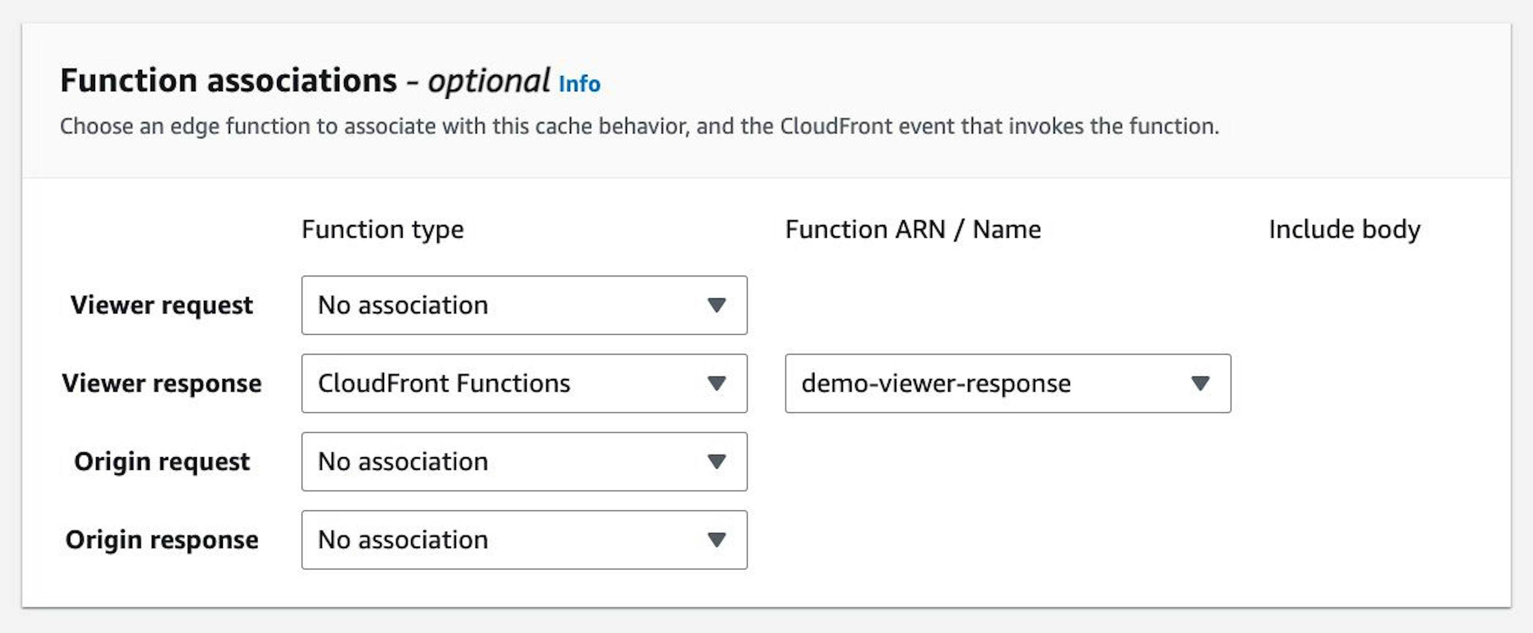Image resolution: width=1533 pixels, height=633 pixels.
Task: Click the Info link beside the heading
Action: [x=579, y=84]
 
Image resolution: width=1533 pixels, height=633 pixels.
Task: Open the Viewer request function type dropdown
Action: [x=524, y=305]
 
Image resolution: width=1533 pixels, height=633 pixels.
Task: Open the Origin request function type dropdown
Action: [x=524, y=462]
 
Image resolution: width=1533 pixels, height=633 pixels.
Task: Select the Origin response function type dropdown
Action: [x=524, y=539]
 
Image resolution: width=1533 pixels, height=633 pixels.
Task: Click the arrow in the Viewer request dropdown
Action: [x=717, y=305]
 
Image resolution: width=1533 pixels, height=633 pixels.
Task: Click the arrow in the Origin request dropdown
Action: [x=717, y=462]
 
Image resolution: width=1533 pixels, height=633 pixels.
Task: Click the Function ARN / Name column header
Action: [x=913, y=230]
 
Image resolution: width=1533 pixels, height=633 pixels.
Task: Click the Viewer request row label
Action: [x=162, y=305]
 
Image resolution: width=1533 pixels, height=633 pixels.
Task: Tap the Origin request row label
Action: [x=162, y=462]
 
